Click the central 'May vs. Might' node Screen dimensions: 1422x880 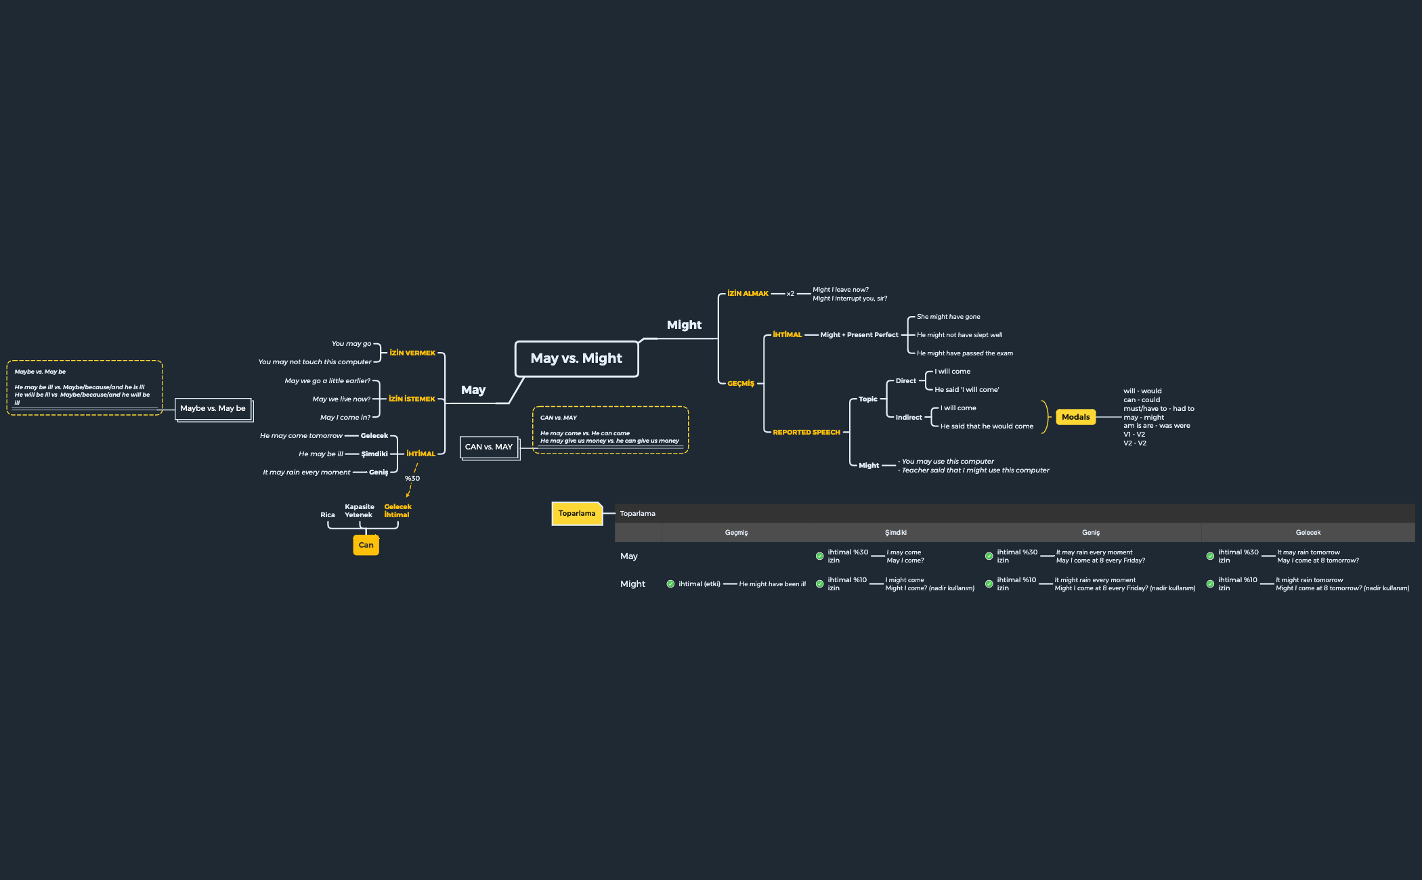(x=576, y=359)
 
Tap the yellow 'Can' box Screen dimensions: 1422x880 (x=366, y=545)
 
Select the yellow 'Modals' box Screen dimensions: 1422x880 (x=1075, y=417)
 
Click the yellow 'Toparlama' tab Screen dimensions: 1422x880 (x=577, y=514)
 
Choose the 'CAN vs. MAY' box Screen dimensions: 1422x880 (x=489, y=447)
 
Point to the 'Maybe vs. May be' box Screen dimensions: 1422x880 (x=213, y=408)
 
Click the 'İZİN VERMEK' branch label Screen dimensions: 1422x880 (x=412, y=353)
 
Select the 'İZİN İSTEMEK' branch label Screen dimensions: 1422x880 (x=412, y=399)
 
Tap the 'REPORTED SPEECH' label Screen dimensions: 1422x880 (x=806, y=432)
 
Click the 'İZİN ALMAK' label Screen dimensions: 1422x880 (x=748, y=293)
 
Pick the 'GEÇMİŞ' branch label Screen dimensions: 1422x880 (x=740, y=383)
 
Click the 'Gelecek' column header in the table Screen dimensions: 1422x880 (x=1308, y=533)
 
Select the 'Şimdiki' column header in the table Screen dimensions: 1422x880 (x=895, y=533)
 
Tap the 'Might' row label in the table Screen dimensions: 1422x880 (x=632, y=584)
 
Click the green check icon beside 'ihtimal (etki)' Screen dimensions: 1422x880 (x=670, y=584)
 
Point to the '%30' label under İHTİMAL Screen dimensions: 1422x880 (x=412, y=479)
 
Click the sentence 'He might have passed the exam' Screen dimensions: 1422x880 (x=964, y=353)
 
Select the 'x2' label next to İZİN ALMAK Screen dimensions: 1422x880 (x=790, y=294)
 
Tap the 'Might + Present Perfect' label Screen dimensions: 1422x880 (x=859, y=334)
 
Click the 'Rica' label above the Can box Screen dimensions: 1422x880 (x=328, y=515)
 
